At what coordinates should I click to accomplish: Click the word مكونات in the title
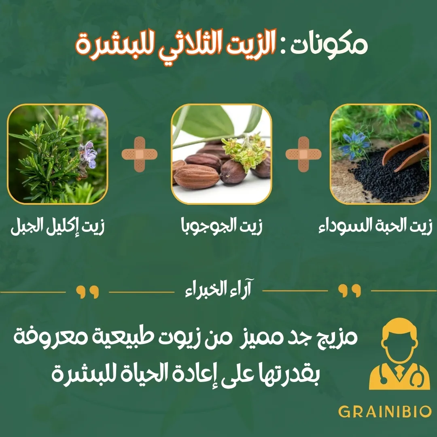click(x=329, y=45)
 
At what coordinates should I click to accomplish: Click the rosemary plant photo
click(x=57, y=154)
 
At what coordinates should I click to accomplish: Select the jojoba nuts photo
click(x=222, y=154)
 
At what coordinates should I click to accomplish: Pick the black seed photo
click(x=380, y=154)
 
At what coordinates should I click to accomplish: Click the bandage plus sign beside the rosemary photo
click(x=139, y=154)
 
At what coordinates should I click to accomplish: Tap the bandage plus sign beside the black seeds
click(x=303, y=154)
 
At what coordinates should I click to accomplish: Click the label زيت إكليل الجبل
click(x=57, y=226)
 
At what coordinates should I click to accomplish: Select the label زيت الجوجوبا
click(x=222, y=226)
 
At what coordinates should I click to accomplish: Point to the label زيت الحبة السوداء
click(x=375, y=226)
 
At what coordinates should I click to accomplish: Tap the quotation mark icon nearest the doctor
click(x=350, y=291)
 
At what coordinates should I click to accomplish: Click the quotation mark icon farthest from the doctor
click(x=87, y=292)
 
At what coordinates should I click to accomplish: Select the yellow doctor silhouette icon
click(x=399, y=354)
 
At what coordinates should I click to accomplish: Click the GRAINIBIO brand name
click(x=385, y=412)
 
